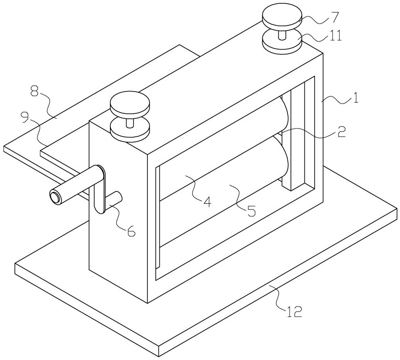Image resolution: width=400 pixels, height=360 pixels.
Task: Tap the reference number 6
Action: point(131,232)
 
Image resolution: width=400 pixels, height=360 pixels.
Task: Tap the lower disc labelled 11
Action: point(282,43)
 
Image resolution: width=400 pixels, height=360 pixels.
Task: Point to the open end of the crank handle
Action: point(56,198)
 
